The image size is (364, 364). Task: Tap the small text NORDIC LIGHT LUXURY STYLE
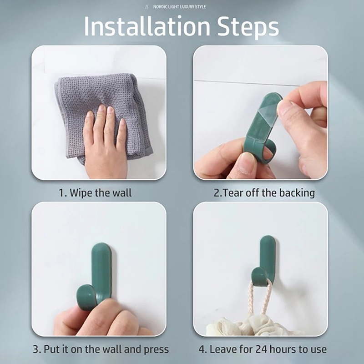point(179,7)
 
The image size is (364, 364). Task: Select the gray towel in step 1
point(105,109)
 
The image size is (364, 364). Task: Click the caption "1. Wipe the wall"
point(95,193)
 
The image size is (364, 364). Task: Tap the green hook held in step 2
point(261,126)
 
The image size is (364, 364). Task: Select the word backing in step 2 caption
point(297,193)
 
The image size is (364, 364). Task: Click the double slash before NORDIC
point(147,7)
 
